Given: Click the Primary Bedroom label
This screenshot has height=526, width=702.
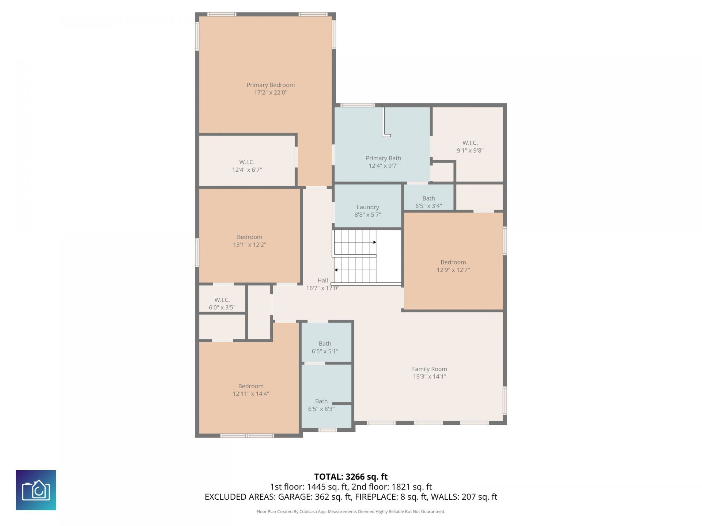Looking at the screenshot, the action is pyautogui.click(x=271, y=85).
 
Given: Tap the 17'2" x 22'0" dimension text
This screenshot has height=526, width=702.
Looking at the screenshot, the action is pyautogui.click(x=271, y=93).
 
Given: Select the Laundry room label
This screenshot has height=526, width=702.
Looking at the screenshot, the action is pyautogui.click(x=368, y=207).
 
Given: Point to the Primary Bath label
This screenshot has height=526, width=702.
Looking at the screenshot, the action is pyautogui.click(x=384, y=158).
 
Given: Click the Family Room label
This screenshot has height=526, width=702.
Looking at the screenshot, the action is pyautogui.click(x=430, y=369).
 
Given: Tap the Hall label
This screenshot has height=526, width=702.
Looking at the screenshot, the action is pyautogui.click(x=322, y=281).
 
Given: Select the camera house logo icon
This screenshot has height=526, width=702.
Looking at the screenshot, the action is pyautogui.click(x=36, y=490).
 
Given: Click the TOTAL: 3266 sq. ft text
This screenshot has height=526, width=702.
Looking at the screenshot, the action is pyautogui.click(x=351, y=477).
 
